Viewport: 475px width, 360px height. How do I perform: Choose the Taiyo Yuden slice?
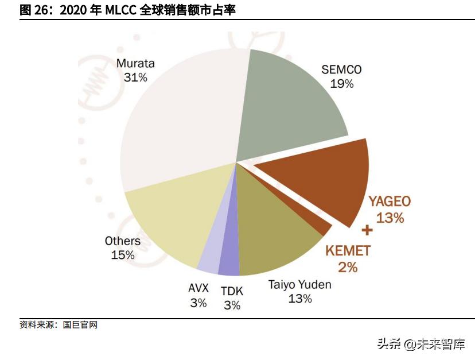pyautogui.click(x=275, y=230)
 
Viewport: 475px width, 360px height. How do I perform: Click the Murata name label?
pyautogui.click(x=135, y=63)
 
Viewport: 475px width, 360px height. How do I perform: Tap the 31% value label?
pyautogui.click(x=135, y=77)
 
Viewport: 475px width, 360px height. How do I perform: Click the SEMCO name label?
pyautogui.click(x=341, y=69)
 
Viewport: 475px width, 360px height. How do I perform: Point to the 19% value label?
pyautogui.click(x=341, y=84)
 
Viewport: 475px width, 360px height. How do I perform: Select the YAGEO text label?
pyautogui.click(x=390, y=202)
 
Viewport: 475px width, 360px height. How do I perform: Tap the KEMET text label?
pyautogui.click(x=348, y=250)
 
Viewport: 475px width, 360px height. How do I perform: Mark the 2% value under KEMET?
pyautogui.click(x=348, y=266)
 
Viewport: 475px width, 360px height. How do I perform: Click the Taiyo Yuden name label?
pyautogui.click(x=300, y=284)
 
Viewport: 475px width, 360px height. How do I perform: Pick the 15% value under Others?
pyautogui.click(x=123, y=254)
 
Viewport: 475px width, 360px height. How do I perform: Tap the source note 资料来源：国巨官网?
pyautogui.click(x=59, y=325)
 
